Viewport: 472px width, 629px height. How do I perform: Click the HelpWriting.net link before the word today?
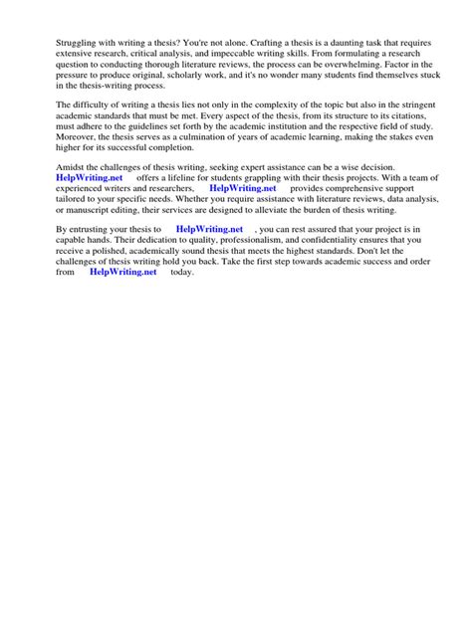(123, 272)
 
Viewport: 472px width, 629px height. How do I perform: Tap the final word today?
(182, 272)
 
